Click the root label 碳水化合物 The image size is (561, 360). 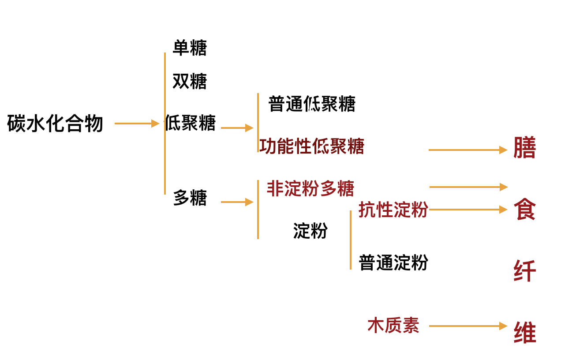(x=55, y=124)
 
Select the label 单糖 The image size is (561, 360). (x=190, y=48)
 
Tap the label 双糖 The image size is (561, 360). (x=190, y=81)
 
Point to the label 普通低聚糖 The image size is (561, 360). (x=312, y=104)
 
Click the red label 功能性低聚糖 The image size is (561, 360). (x=312, y=146)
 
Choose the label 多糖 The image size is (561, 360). (x=190, y=198)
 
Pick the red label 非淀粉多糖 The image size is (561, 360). (x=310, y=189)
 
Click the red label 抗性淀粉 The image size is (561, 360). (x=393, y=210)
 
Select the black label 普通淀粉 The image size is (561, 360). (x=393, y=262)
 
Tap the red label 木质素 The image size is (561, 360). (x=393, y=326)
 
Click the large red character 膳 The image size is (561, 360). (x=525, y=148)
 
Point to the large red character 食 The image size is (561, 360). (x=525, y=209)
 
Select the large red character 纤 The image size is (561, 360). (x=525, y=271)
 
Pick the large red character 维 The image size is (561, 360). (x=525, y=333)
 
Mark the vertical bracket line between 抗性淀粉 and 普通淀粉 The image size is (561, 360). (x=351, y=240)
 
